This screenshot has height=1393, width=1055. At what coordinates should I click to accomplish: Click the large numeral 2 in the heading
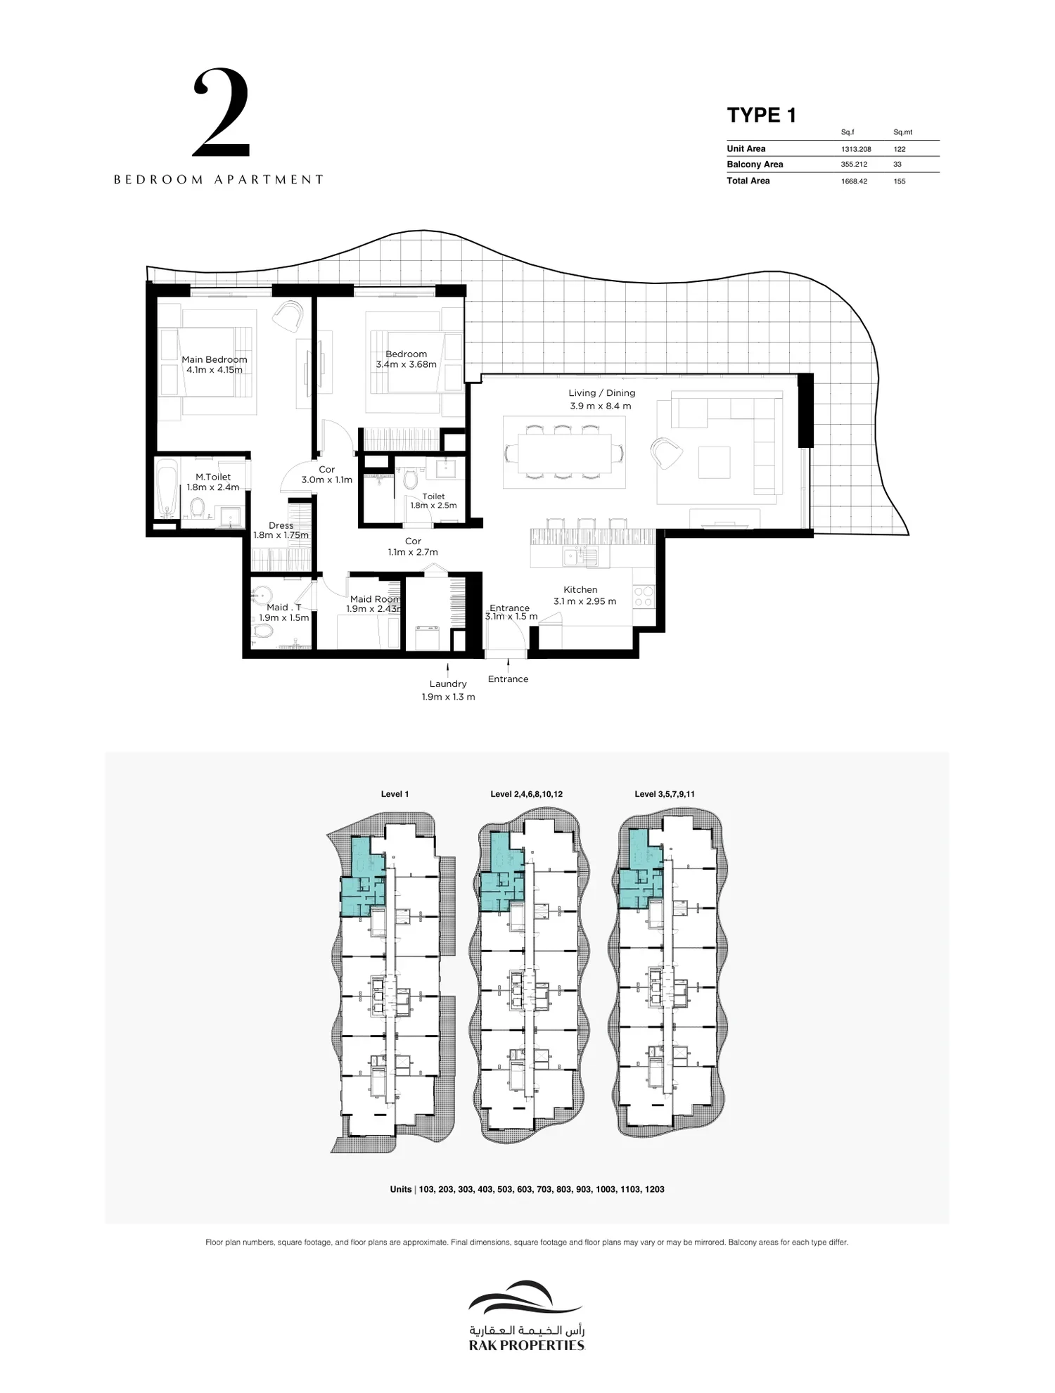point(221,113)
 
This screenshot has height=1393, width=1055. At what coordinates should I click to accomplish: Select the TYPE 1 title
point(761,115)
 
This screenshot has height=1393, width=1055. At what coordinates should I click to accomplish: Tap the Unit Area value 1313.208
point(856,149)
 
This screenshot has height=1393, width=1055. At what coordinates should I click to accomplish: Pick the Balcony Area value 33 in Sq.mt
point(897,165)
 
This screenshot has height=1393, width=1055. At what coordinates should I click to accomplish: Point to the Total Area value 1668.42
point(854,181)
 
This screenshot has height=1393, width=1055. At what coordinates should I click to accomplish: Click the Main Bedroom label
point(215,359)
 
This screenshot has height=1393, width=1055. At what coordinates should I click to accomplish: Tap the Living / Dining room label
point(601,393)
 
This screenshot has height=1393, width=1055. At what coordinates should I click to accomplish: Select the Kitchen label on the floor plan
point(580,590)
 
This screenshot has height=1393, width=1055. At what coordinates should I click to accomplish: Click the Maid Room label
point(375,600)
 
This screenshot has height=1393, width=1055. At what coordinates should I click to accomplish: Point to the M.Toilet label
point(213,477)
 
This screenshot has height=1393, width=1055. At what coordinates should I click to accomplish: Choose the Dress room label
point(281,525)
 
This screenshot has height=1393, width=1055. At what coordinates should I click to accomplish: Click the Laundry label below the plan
point(448,683)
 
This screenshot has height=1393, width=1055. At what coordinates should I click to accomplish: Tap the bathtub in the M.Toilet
point(167,489)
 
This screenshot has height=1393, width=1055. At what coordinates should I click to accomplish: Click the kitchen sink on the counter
point(580,558)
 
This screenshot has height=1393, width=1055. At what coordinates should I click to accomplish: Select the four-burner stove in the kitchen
point(644,597)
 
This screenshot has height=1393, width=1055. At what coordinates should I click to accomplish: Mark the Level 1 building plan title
point(395,794)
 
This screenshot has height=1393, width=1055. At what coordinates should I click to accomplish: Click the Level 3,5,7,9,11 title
point(665,794)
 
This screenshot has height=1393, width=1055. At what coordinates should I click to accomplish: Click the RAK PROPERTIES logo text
point(527,1346)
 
